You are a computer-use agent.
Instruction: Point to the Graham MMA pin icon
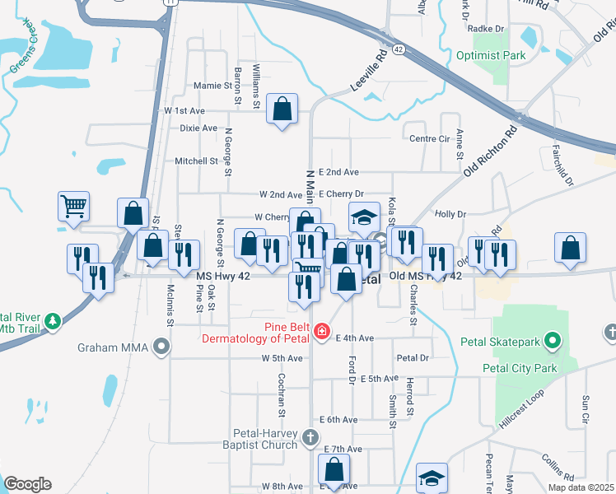pos(161,347)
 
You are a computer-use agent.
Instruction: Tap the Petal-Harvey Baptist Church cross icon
pos(310,436)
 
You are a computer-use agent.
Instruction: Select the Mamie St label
pos(212,86)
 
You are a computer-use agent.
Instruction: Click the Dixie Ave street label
pos(198,128)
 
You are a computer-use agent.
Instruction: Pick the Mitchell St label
pos(196,161)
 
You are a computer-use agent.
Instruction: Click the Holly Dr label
pos(450,214)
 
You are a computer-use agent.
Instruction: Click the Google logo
pos(28,484)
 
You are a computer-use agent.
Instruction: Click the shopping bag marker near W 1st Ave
pos(282,109)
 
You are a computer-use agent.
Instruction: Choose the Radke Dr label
pos(479,28)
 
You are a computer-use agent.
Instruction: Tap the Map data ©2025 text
pos(581,487)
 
